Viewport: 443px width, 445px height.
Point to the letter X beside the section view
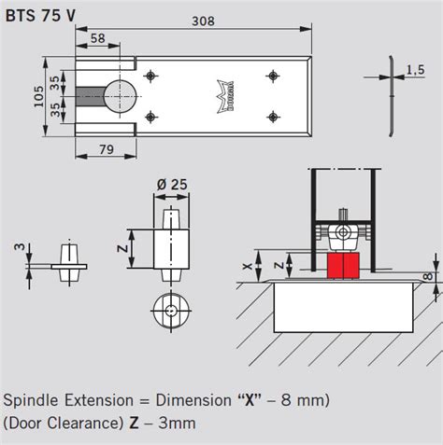tap(247, 265)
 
